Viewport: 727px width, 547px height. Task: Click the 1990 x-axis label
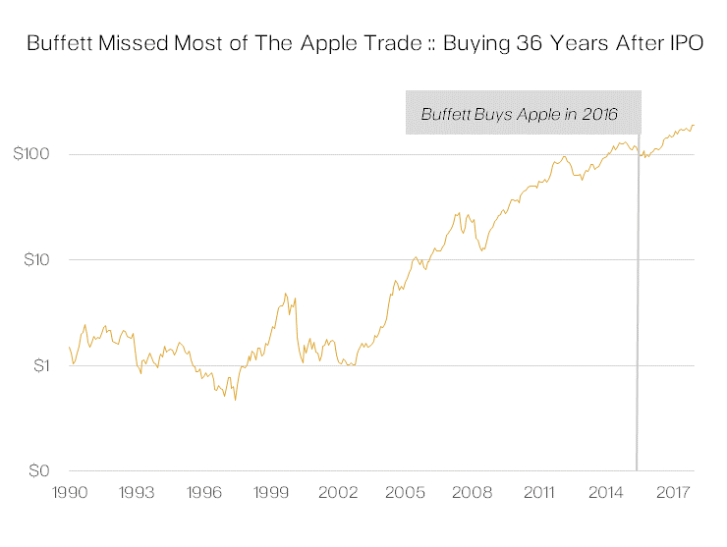[x=68, y=491]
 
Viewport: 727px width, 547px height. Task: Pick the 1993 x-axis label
[x=135, y=491]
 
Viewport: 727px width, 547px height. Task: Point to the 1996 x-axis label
[x=202, y=491]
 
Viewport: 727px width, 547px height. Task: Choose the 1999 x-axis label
[x=269, y=491]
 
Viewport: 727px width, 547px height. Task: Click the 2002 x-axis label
[x=337, y=491]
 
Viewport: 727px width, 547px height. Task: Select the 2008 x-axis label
[x=472, y=491]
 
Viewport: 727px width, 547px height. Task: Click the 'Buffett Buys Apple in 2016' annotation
[x=519, y=114]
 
